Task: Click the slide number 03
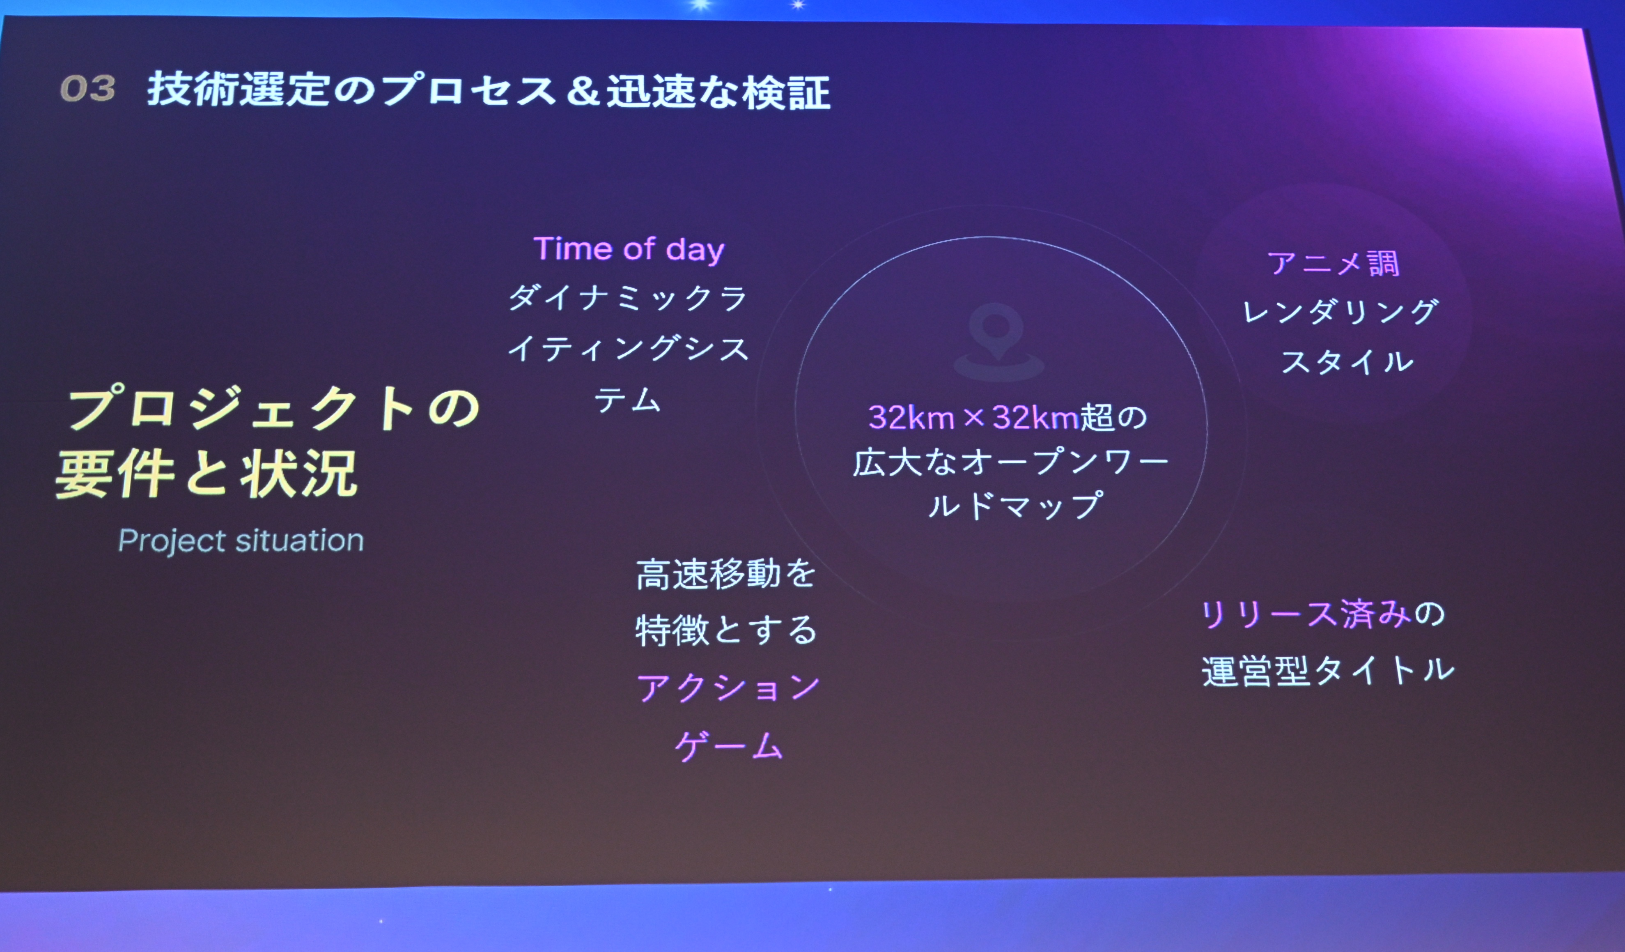point(88,88)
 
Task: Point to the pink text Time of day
point(629,249)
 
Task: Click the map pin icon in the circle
point(997,342)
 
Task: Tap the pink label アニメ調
point(1334,263)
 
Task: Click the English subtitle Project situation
point(241,540)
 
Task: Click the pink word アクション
point(728,688)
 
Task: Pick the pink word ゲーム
point(729,745)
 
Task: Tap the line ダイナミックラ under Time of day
point(627,298)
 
